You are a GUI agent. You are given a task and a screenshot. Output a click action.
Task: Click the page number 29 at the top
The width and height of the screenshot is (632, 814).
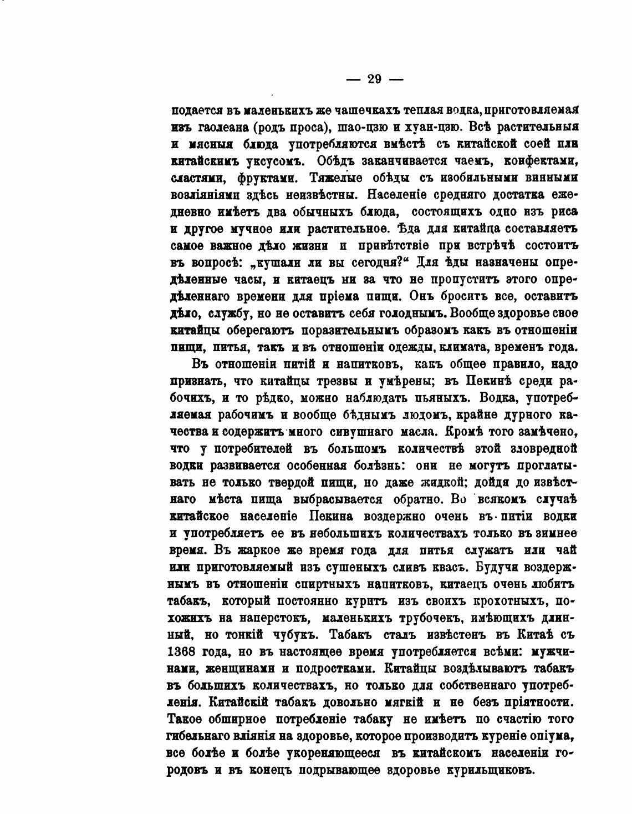[x=374, y=79]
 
